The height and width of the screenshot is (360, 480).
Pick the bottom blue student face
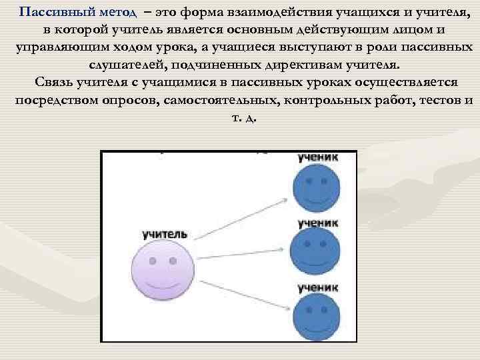(x=316, y=314)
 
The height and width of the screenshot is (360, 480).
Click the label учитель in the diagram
(x=165, y=235)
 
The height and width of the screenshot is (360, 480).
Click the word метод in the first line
(x=117, y=13)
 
